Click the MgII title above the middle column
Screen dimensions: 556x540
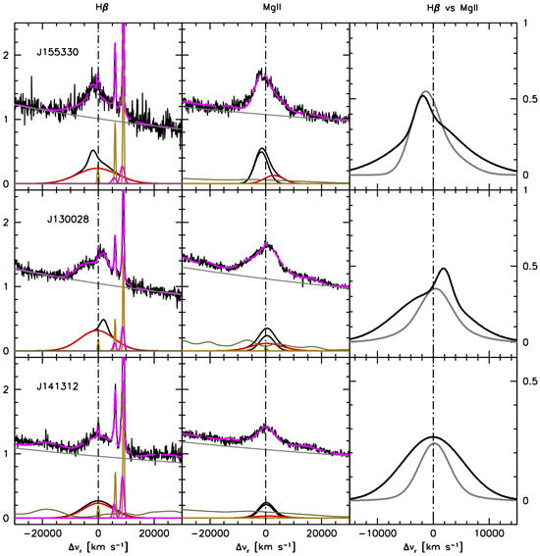(266, 8)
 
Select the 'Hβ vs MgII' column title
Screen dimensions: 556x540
(433, 8)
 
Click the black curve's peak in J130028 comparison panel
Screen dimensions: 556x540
(445, 268)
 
